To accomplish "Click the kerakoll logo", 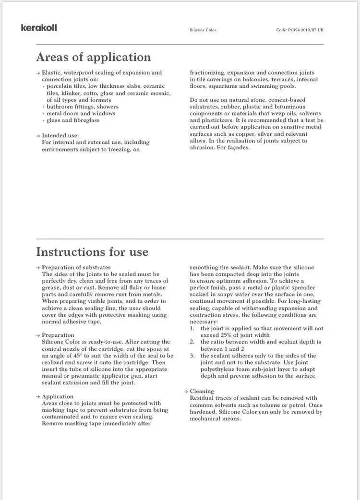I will tap(39, 28).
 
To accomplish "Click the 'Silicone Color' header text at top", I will tap(203, 30).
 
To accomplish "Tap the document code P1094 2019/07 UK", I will tap(300, 30).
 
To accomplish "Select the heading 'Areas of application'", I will tap(93, 58).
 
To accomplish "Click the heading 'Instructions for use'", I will tap(92, 252).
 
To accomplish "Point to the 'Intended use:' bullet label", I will tap(60, 136).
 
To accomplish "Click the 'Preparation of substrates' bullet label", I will tap(76, 267).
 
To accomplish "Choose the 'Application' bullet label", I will tap(58, 396).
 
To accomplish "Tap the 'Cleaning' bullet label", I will tap(202, 391).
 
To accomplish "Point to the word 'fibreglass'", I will tap(86, 120).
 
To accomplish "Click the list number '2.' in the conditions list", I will tap(192, 342).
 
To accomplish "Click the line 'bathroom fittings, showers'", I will tap(82, 107).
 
